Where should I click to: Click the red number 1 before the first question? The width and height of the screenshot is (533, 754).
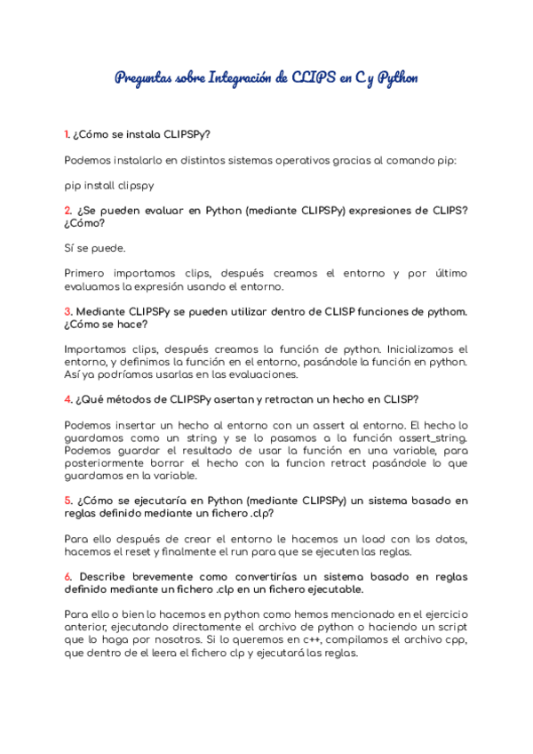67,135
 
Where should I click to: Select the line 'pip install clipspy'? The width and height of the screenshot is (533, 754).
109,186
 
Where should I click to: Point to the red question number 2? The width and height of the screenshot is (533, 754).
68,211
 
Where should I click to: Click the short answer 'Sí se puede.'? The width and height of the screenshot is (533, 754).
95,248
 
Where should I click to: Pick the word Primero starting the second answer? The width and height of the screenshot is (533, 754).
89,273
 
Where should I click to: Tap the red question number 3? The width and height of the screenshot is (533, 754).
68,311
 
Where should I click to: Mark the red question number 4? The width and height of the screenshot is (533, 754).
68,399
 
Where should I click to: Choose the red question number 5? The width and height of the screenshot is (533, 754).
68,501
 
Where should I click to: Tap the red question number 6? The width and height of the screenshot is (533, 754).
68,576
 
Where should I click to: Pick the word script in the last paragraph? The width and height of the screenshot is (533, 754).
450,627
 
